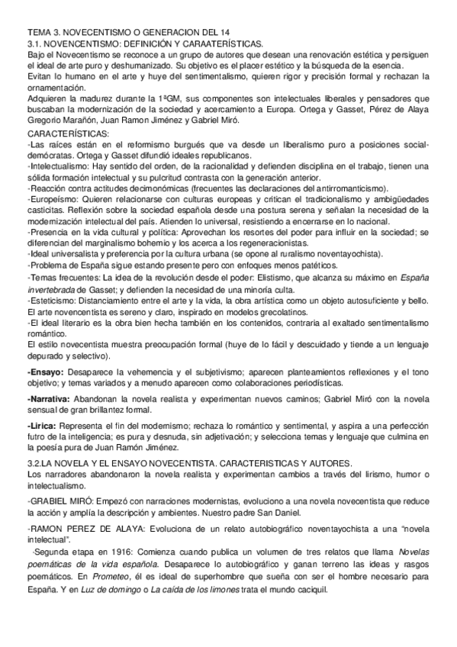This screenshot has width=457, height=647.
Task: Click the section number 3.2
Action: [36, 463]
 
